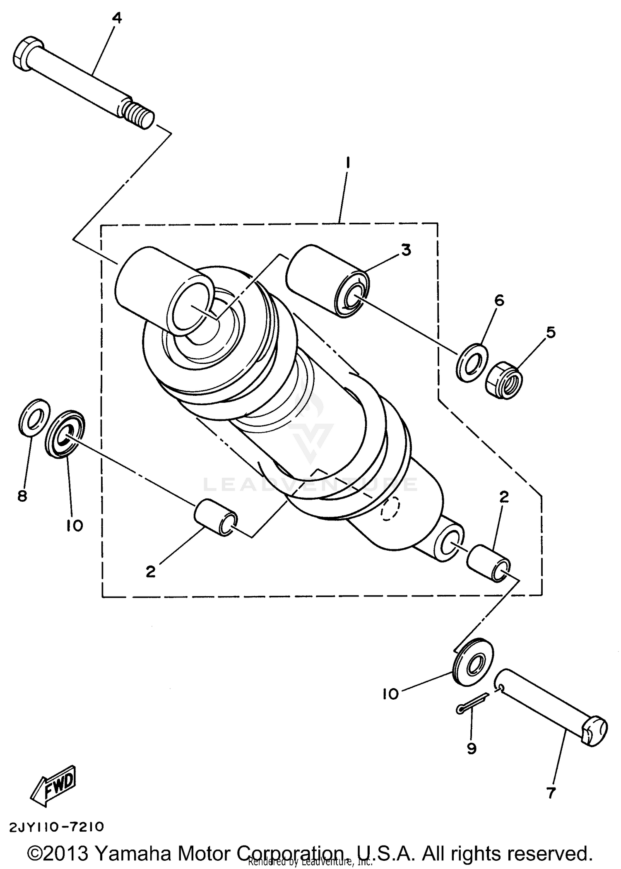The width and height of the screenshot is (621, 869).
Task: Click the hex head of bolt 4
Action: [x=27, y=55]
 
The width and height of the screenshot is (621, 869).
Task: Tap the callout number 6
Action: [x=499, y=301]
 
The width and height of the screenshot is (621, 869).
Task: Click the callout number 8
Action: [x=22, y=495]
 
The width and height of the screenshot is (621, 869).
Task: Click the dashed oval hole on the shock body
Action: [x=392, y=508]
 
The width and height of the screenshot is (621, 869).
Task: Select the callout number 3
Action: [x=406, y=250]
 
